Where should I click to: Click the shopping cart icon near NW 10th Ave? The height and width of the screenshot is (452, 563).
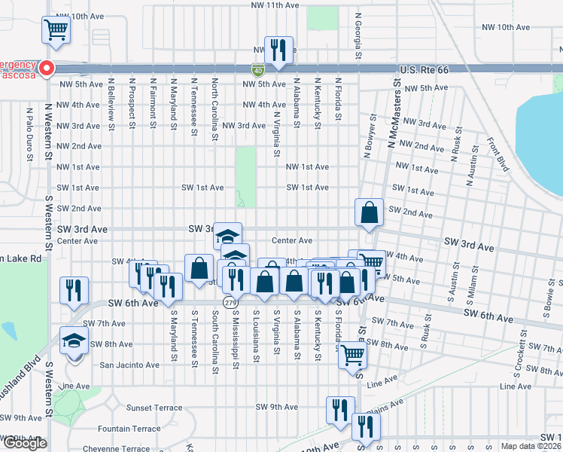point(56,30)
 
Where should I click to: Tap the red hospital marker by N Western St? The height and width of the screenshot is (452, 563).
point(44,68)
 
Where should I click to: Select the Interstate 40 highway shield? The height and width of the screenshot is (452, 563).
point(257,69)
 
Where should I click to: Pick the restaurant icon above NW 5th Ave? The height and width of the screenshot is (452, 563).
point(278,50)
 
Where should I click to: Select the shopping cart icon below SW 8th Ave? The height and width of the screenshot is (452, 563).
point(351,355)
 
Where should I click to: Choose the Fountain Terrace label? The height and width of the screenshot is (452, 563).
point(129,429)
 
